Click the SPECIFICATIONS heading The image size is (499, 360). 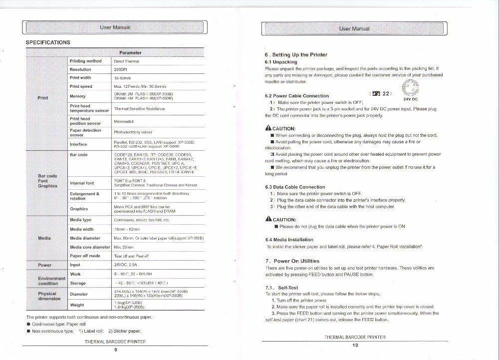pyautogui.click(x=48, y=42)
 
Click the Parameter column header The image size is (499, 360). pyautogui.click(x=130, y=52)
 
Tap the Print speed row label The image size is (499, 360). pyautogui.click(x=81, y=86)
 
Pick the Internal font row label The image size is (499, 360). pyautogui.click(x=82, y=183)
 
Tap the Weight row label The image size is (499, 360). pyautogui.click(x=77, y=305)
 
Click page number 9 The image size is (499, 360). pyautogui.click(x=115, y=350)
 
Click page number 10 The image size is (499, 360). pyautogui.click(x=355, y=345)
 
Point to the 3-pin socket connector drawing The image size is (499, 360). pyautogui.click(x=411, y=88)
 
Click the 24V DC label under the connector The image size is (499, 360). pyautogui.click(x=410, y=99)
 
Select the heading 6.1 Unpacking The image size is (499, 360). pyautogui.click(x=281, y=62)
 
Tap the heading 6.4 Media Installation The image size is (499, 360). pyautogui.click(x=289, y=240)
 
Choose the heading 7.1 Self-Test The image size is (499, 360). pyautogui.click(x=282, y=288)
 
